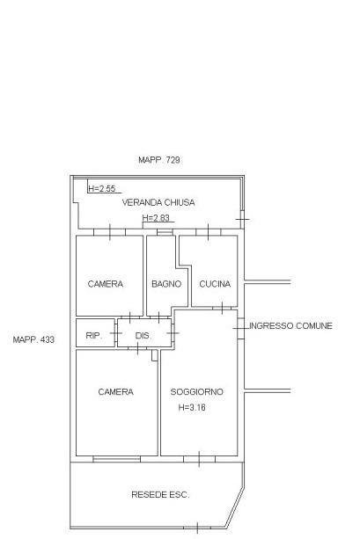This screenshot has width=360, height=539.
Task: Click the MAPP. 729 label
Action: (159, 160)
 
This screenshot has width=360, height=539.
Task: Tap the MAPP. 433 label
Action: (33, 339)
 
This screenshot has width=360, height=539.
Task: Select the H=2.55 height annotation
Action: (102, 188)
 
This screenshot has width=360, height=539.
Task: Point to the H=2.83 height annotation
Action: (156, 217)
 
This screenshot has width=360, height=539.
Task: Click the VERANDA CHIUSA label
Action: (158, 202)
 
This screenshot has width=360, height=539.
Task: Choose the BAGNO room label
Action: (166, 284)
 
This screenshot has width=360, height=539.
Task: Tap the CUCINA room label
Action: (215, 284)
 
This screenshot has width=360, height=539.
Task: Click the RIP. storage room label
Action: (94, 336)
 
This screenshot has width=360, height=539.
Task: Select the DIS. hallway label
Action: (143, 336)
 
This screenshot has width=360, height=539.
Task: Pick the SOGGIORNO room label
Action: (197, 392)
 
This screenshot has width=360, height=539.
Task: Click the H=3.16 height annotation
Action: (192, 407)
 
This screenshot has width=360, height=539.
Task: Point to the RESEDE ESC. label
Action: (160, 495)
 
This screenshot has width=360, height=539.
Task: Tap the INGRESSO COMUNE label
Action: (290, 326)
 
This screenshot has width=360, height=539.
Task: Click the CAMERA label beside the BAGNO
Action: (106, 284)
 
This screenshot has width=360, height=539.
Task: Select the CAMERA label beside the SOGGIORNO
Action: (115, 392)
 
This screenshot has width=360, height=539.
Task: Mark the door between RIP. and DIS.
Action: (116, 333)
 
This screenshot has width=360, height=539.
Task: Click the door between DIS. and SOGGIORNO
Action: (173, 332)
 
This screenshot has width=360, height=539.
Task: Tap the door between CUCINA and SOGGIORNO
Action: (223, 308)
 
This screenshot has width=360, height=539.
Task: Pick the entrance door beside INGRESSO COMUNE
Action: (240, 329)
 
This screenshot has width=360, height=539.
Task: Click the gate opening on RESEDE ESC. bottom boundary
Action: (197, 528)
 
